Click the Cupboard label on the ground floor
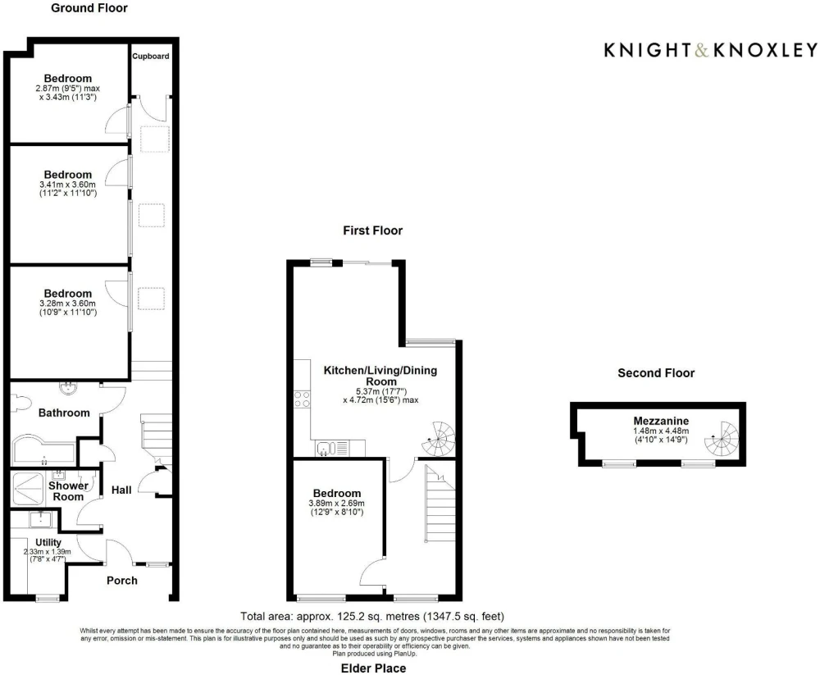tap(151, 56)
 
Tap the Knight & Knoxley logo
tap(711, 50)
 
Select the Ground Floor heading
tap(89, 8)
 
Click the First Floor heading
tap(373, 230)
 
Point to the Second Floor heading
tap(656, 373)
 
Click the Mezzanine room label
tap(661, 421)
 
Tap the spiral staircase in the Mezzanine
tap(722, 439)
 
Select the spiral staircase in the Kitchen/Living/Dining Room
tap(439, 439)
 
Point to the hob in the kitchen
tap(302, 399)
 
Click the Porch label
tap(122, 581)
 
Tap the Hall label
tap(121, 490)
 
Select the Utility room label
tap(48, 543)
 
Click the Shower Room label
tap(68, 491)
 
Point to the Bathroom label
tap(64, 413)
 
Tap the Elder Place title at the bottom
tap(373, 668)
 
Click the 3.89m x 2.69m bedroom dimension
tap(337, 503)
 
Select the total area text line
tap(372, 617)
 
